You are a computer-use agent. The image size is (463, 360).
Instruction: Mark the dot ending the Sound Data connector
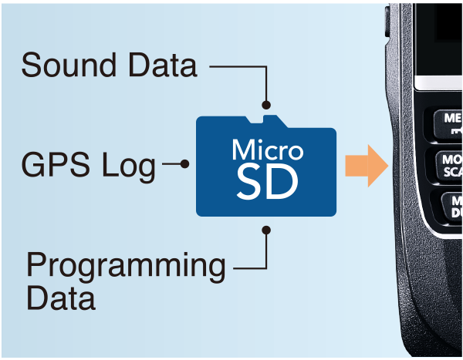point(266,104)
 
